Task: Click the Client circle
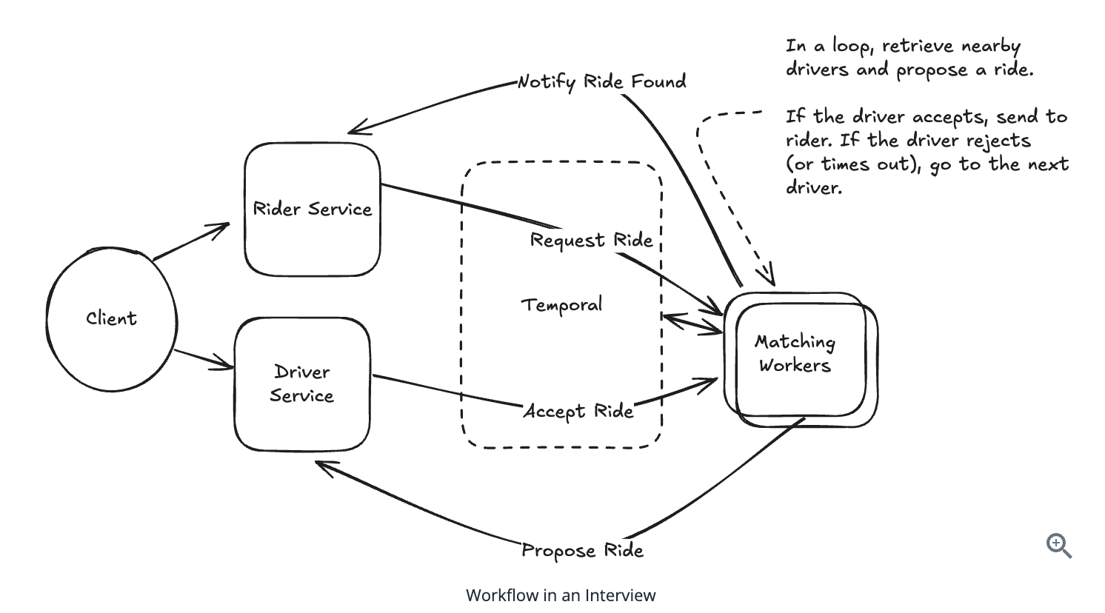pyautogui.click(x=111, y=319)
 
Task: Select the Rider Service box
pyautogui.click(x=312, y=210)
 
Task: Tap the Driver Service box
pyautogui.click(x=301, y=383)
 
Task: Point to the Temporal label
pyautogui.click(x=561, y=305)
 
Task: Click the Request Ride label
pyautogui.click(x=591, y=241)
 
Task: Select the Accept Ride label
pyautogui.click(x=578, y=411)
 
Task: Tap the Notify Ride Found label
pyautogui.click(x=601, y=81)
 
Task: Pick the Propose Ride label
pyautogui.click(x=582, y=550)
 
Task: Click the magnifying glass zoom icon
pyautogui.click(x=1059, y=546)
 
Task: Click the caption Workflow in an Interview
pyautogui.click(x=561, y=595)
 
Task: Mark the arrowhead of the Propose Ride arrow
pyautogui.click(x=320, y=465)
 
